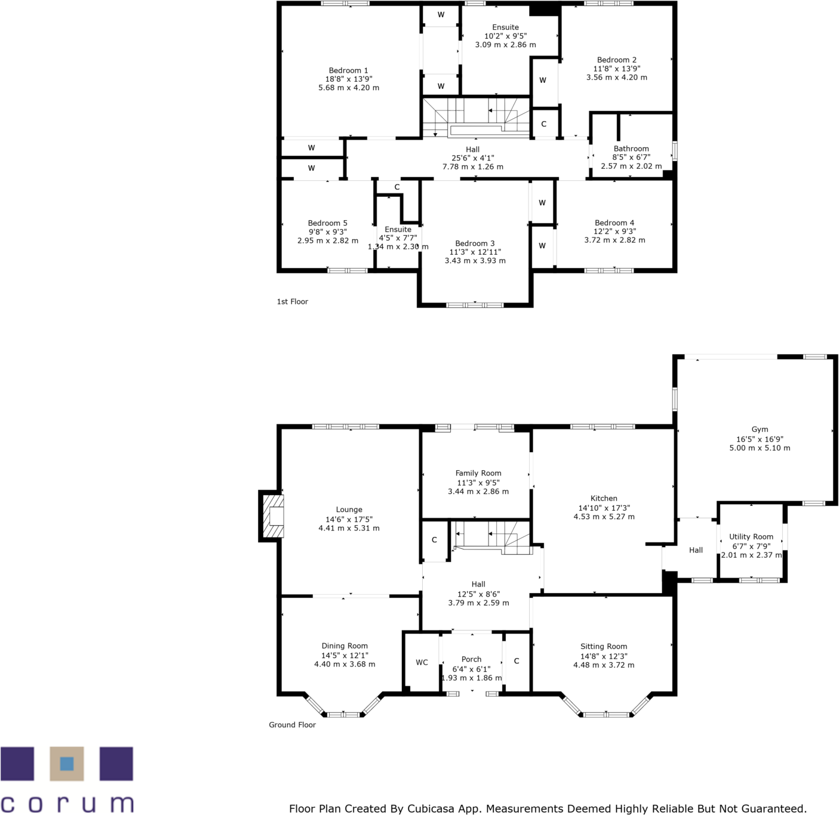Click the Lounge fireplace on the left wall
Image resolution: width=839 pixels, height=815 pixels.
(x=271, y=515)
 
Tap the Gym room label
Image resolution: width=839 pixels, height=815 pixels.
(x=759, y=429)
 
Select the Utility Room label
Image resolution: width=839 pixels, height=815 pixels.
(x=751, y=536)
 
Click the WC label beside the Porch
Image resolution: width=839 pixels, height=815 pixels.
(x=422, y=662)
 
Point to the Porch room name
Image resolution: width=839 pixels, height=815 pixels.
(x=471, y=659)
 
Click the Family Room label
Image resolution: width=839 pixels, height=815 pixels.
(x=478, y=473)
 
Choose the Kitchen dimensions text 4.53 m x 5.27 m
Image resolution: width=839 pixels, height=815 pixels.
(x=604, y=517)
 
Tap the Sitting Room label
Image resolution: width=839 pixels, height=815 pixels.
(x=603, y=646)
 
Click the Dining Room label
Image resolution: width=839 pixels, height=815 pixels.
(x=345, y=646)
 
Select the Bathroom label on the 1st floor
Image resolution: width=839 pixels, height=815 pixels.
(x=631, y=149)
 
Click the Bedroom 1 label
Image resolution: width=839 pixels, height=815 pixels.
(x=348, y=70)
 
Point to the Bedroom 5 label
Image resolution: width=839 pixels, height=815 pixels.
(x=327, y=223)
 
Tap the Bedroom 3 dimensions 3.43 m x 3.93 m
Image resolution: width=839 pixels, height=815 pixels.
(x=475, y=261)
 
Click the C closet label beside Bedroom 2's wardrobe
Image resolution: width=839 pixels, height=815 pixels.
(x=543, y=124)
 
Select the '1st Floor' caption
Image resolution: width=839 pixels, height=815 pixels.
(x=293, y=301)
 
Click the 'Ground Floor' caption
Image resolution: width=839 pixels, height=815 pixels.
(x=293, y=724)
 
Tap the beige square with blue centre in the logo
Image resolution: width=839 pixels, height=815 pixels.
(x=67, y=763)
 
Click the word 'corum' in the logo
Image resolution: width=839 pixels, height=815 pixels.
(x=67, y=803)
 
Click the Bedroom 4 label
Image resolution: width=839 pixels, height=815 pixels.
(x=614, y=223)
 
